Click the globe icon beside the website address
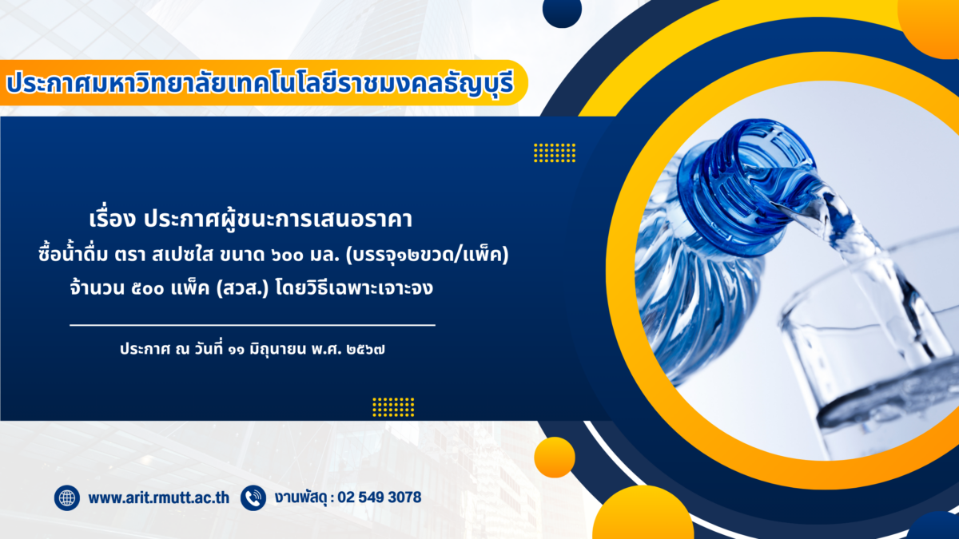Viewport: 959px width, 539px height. tap(67, 498)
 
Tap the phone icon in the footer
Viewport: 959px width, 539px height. tap(253, 498)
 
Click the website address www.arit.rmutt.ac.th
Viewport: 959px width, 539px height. tap(159, 498)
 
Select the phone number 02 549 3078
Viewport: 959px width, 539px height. tap(380, 497)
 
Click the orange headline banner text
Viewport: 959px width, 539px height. tap(260, 83)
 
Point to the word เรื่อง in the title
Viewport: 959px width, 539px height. tap(112, 218)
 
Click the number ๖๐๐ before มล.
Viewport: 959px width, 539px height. tap(287, 256)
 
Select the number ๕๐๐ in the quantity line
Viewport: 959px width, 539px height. tap(148, 289)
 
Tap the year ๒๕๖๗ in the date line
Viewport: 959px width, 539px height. tap(366, 350)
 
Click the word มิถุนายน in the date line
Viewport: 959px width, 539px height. tap(278, 350)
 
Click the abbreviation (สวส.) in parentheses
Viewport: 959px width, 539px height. tap(242, 288)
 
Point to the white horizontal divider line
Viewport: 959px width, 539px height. tap(253, 325)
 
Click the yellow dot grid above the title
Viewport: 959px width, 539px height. tap(555, 153)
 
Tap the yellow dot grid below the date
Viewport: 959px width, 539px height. tap(393, 406)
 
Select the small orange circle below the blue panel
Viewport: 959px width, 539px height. tap(555, 458)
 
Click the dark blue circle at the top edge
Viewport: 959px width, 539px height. tap(562, 10)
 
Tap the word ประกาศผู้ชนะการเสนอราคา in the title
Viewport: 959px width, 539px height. tap(278, 219)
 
